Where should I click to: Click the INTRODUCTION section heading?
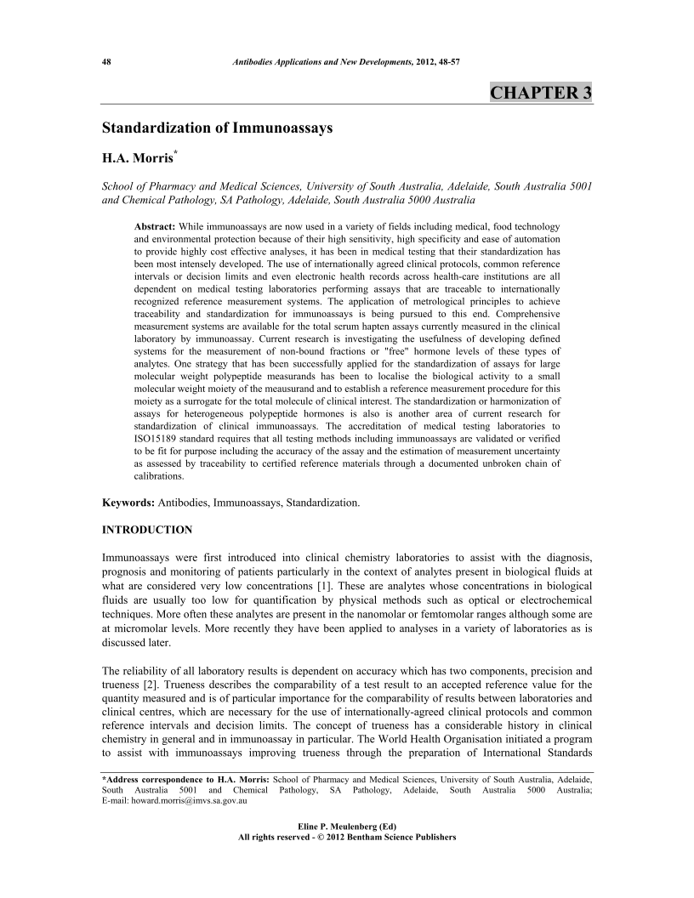147,530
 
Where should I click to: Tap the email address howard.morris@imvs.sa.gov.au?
189,800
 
